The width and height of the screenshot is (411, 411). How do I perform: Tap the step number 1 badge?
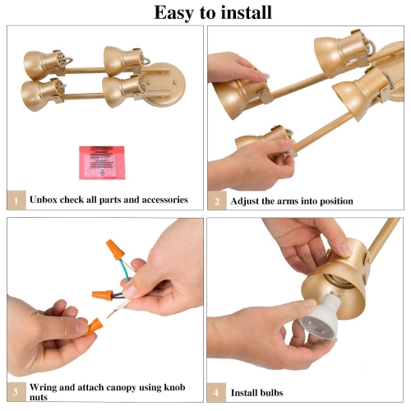(x=16, y=200)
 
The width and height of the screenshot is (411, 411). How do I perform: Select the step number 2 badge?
(x=217, y=201)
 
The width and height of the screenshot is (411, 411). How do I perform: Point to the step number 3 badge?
(x=16, y=392)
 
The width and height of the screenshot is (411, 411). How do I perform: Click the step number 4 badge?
(x=216, y=392)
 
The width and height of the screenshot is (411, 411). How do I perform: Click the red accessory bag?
(x=102, y=163)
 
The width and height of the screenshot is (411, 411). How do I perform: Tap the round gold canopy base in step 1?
(x=163, y=85)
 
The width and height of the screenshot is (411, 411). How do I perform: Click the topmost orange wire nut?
(x=115, y=249)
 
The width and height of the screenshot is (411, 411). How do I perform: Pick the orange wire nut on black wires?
(x=102, y=295)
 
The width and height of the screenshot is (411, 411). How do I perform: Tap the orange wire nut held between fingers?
(x=94, y=327)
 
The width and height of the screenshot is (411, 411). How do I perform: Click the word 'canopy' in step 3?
(x=121, y=388)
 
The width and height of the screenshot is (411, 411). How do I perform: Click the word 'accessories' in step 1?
(x=164, y=200)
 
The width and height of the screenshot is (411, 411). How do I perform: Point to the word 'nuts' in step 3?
(x=39, y=398)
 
